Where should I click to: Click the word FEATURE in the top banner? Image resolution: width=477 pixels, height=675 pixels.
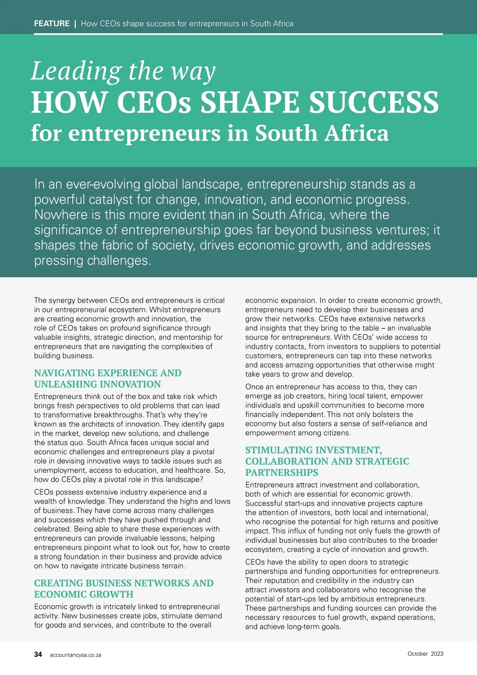(52, 23)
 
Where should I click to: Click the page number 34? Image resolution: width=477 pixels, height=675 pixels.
(38, 654)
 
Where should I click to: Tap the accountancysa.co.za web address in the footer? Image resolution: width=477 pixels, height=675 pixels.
(76, 655)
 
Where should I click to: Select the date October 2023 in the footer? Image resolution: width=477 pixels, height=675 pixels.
(425, 654)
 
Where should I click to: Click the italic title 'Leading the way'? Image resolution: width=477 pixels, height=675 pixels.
(123, 72)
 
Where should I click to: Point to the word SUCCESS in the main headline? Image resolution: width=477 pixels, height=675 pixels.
(374, 102)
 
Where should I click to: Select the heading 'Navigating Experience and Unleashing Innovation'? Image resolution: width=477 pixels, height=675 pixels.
(107, 378)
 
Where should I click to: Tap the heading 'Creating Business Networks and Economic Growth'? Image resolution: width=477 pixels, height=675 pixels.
(124, 589)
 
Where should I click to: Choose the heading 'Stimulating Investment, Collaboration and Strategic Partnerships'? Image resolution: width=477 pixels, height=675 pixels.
(327, 461)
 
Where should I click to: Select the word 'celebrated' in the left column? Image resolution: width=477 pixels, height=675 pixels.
(52, 529)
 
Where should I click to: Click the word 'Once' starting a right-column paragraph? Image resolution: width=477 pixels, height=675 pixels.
(254, 387)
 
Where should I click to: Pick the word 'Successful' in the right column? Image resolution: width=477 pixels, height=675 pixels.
(264, 503)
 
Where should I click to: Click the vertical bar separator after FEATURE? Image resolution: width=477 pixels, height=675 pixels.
(75, 23)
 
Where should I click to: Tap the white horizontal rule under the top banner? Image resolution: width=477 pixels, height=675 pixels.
(238, 34)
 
